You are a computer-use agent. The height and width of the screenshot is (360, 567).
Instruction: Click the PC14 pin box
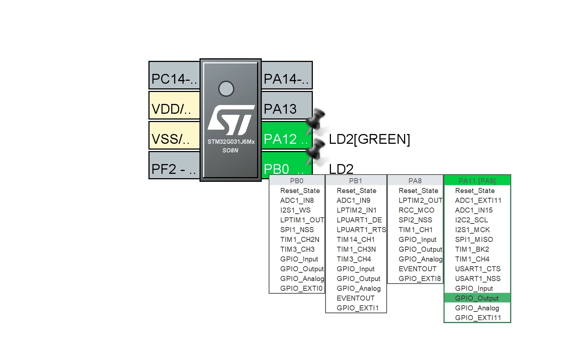coord(175,75)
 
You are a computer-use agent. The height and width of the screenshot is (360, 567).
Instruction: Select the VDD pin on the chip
coord(175,105)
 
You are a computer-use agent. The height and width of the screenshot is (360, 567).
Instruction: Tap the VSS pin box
coord(175,135)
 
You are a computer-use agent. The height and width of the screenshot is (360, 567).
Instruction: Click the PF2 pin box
coord(175,165)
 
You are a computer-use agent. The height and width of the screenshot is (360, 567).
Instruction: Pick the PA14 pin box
coord(287,75)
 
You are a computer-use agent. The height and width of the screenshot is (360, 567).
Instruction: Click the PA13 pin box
coord(287,105)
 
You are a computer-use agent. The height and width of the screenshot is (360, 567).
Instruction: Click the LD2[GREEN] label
coord(369,139)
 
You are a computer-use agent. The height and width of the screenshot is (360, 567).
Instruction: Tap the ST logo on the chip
coord(231,120)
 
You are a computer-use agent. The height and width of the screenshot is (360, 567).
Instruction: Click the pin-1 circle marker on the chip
coord(226,89)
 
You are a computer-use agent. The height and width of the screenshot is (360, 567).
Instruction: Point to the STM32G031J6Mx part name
coord(231,142)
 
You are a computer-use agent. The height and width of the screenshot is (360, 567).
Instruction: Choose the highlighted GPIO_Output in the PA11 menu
coord(477,298)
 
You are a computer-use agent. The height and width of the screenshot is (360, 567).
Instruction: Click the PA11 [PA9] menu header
coord(477,180)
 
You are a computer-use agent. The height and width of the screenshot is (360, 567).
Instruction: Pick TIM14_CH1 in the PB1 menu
coord(356,239)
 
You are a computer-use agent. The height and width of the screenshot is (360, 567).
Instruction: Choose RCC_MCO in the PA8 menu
coord(416,210)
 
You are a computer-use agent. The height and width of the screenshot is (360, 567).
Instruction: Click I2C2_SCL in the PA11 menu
coord(471,220)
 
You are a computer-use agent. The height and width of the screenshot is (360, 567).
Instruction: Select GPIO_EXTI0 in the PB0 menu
coord(301,288)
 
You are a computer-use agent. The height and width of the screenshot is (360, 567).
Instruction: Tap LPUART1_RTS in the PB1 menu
coord(361,230)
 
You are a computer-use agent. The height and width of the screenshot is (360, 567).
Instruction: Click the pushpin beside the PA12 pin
coord(315,121)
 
